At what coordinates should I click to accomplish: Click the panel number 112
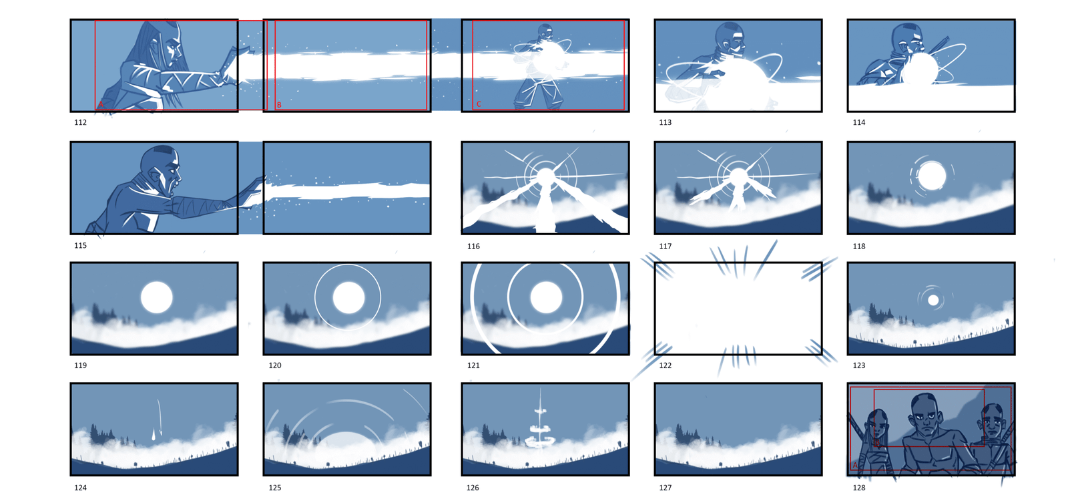[80, 123]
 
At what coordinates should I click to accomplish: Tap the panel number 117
[665, 246]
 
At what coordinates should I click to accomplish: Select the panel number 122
[665, 365]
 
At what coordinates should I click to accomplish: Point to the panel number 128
[858, 488]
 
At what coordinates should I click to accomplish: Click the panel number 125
[274, 488]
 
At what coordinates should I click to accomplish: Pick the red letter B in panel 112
[279, 105]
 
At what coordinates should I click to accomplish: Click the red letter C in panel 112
[479, 104]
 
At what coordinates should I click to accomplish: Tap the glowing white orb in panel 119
[156, 297]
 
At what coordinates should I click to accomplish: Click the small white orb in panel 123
[933, 300]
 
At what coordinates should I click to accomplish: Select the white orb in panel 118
[932, 176]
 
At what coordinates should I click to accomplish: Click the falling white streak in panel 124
[157, 420]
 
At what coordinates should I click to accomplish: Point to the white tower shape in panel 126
[540, 422]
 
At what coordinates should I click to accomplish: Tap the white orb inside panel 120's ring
[348, 297]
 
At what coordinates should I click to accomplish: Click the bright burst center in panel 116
[545, 176]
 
